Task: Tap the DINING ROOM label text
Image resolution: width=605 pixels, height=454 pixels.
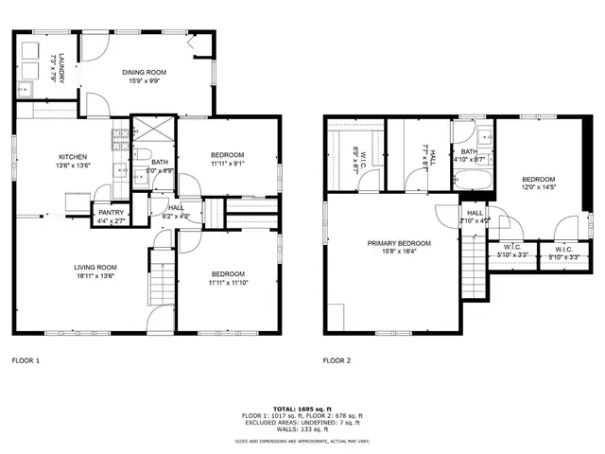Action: pyautogui.click(x=145, y=72)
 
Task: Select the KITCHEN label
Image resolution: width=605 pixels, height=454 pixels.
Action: pyautogui.click(x=74, y=157)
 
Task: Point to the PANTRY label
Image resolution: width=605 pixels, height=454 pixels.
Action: pyautogui.click(x=110, y=213)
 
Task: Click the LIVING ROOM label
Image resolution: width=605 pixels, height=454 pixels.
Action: pyautogui.click(x=95, y=268)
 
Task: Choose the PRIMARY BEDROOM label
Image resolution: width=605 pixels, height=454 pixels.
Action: pyautogui.click(x=399, y=243)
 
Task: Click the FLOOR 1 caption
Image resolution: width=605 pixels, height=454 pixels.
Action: pyautogui.click(x=26, y=360)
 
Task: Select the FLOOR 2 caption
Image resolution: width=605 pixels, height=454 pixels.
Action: pyautogui.click(x=337, y=360)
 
